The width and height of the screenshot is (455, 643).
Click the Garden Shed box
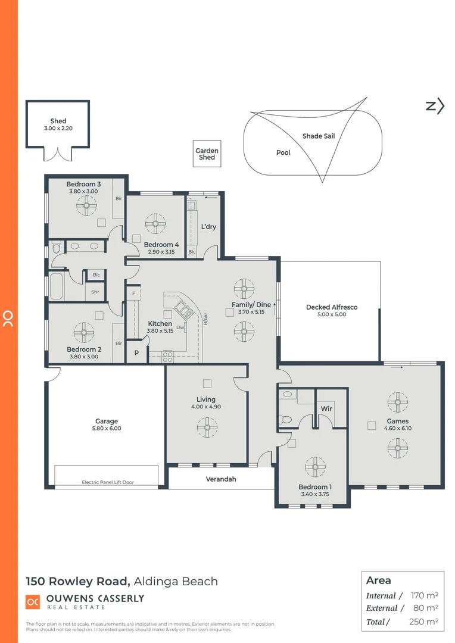207,154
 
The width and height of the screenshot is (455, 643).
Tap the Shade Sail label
319,136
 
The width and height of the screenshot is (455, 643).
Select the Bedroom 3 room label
83,185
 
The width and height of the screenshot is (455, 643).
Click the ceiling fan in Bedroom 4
155,224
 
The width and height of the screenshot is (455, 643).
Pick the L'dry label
208,227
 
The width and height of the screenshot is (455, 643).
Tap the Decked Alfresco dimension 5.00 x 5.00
331,314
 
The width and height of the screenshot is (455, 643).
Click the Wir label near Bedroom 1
326,408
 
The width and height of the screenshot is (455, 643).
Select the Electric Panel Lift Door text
108,482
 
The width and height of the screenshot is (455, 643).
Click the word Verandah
221,479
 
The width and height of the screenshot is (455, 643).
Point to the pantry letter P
136,353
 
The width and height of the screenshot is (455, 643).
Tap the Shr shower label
95,292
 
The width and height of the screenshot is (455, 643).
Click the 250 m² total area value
424,622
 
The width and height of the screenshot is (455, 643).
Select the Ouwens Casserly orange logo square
33,602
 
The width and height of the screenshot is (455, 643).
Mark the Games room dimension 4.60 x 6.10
397,428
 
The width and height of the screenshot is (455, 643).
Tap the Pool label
283,153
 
